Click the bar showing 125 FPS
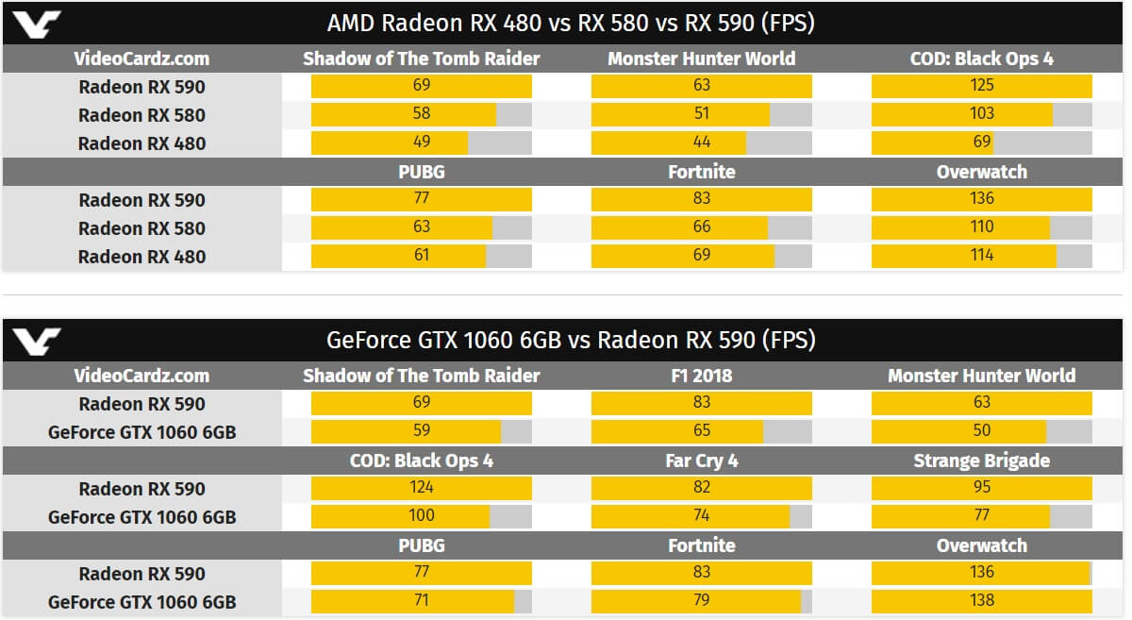pyautogui.click(x=981, y=86)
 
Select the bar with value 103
pyautogui.click(x=962, y=114)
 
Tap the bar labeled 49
pyautogui.click(x=390, y=142)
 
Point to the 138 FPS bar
pyautogui.click(x=981, y=601)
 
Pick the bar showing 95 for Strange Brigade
pyautogui.click(x=981, y=488)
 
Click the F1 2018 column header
pyautogui.click(x=701, y=376)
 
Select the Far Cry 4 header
pyautogui.click(x=701, y=461)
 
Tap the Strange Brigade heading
pyautogui.click(x=981, y=461)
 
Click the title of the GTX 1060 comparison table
pyautogui.click(x=571, y=340)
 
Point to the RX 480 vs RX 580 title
pyautogui.click(x=571, y=22)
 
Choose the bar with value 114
pyautogui.click(x=964, y=256)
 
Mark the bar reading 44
pyautogui.click(x=669, y=142)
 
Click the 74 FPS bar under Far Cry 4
pyautogui.click(x=691, y=516)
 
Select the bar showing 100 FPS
pyautogui.click(x=401, y=516)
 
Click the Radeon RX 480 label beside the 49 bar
pyautogui.click(x=141, y=143)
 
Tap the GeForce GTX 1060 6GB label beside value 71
pyautogui.click(x=141, y=602)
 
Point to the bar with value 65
pyautogui.click(x=677, y=431)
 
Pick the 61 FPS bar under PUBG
pyautogui.click(x=398, y=256)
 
